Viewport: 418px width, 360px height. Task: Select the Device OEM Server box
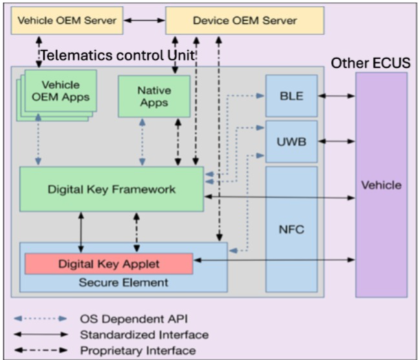244,21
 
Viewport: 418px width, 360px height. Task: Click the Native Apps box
154,96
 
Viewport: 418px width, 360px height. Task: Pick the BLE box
291,96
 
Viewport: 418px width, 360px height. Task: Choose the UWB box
291,140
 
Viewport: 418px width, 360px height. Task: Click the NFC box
291,229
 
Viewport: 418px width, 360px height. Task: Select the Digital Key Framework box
112,189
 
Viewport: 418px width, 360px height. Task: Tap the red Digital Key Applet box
109,263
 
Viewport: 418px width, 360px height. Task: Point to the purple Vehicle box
381,185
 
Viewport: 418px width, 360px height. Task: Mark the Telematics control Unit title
118,56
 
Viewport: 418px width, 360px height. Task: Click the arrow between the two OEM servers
143,21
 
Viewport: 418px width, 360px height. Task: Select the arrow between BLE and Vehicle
336,96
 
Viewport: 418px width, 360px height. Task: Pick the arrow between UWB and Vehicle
336,140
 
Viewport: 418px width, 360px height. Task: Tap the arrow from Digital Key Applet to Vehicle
275,260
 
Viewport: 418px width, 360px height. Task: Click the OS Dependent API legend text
128,319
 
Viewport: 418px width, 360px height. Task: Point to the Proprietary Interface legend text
139,350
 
